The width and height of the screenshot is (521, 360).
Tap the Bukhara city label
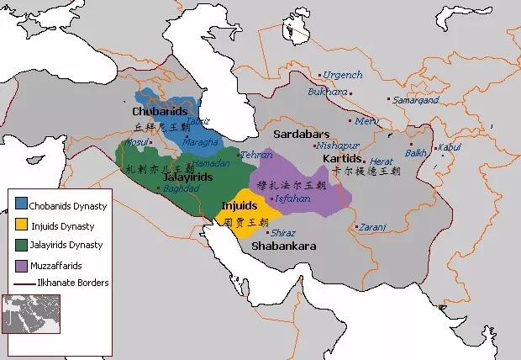[326, 91]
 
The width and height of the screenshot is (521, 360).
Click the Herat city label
[382, 161]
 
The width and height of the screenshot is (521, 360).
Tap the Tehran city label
[256, 155]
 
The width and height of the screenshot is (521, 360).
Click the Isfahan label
[292, 199]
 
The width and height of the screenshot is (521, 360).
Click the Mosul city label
[136, 142]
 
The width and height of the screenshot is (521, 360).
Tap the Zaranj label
[372, 226]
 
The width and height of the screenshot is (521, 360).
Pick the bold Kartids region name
[342, 158]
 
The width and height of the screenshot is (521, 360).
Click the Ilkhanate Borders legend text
[73, 283]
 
